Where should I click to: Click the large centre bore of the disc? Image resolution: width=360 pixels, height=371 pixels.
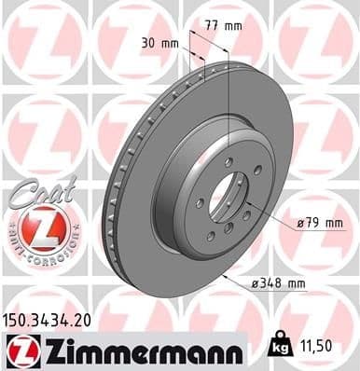225,199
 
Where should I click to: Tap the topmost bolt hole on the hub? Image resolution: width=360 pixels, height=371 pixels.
228,161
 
